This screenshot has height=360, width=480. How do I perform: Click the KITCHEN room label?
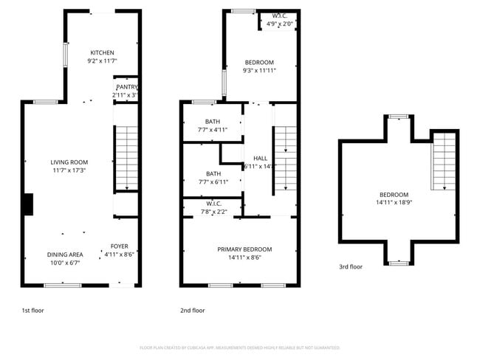[102, 52]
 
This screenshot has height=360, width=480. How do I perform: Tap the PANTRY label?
[126, 86]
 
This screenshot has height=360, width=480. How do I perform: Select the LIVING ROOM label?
[69, 162]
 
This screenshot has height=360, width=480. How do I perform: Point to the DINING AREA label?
[65, 255]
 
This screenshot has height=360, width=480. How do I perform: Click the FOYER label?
[119, 246]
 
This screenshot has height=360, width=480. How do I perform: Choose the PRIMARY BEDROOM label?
[244, 249]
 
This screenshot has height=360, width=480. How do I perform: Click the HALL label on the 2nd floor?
[260, 158]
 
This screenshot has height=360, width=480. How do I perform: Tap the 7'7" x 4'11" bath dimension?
[213, 130]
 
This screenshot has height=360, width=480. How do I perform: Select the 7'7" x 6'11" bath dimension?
[213, 182]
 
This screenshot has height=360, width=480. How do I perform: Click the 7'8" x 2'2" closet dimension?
[213, 212]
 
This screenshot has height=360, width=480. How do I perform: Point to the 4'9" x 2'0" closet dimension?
[280, 24]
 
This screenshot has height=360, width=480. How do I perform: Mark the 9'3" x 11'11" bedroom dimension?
[258, 71]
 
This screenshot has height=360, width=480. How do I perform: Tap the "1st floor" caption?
[32, 311]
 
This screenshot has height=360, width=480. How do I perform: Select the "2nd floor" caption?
[193, 311]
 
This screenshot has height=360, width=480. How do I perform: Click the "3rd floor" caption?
[351, 267]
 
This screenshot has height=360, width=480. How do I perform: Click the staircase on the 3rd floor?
[444, 161]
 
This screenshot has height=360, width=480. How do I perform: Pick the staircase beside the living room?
[126, 159]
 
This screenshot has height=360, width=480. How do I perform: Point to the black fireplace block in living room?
[28, 204]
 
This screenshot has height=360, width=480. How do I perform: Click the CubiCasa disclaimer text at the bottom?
[239, 347]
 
